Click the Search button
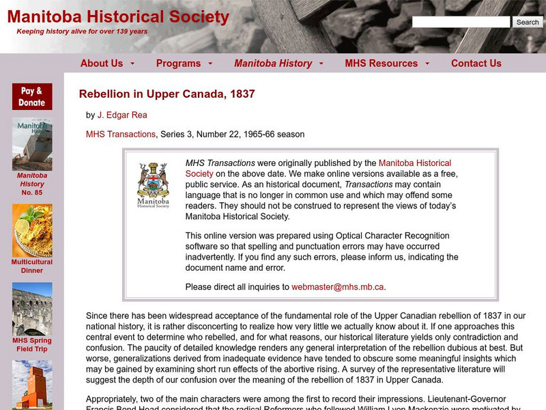coord(528,22)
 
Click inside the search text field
coord(461,22)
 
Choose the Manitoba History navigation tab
coord(273,64)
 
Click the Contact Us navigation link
coord(476,64)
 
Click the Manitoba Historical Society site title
coord(118,17)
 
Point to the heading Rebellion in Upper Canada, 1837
coord(167,94)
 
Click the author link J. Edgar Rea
coord(122,115)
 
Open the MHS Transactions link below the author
coord(121,135)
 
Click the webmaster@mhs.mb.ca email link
coord(338,287)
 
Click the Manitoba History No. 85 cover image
coord(32,144)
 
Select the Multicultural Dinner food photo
coord(32,230)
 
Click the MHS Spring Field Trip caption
coord(31,344)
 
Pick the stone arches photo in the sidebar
coord(32,309)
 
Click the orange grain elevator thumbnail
coord(32,385)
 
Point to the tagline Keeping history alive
coord(82,31)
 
